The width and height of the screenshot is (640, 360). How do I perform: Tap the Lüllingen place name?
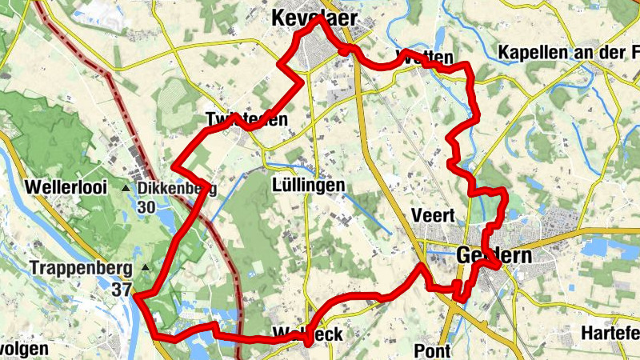coord(307,186)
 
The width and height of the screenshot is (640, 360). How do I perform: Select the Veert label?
coord(432,214)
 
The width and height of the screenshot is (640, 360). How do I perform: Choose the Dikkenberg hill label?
coord(177,188)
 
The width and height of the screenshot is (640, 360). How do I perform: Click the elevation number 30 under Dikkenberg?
coord(146,207)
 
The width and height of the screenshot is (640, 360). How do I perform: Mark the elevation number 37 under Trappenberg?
coord(122,289)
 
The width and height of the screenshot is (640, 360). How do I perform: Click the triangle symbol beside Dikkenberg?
coord(126,188)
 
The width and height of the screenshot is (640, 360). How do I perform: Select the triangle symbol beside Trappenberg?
coord(145,267)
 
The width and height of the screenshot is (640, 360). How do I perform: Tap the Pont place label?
coord(432,350)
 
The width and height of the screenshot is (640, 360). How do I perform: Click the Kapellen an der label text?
coord(568,53)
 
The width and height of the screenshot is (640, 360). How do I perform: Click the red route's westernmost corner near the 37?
coord(135,296)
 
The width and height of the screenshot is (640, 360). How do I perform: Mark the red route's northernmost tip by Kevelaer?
coord(317,19)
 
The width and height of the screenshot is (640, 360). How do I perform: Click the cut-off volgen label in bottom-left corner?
coord(24,350)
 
